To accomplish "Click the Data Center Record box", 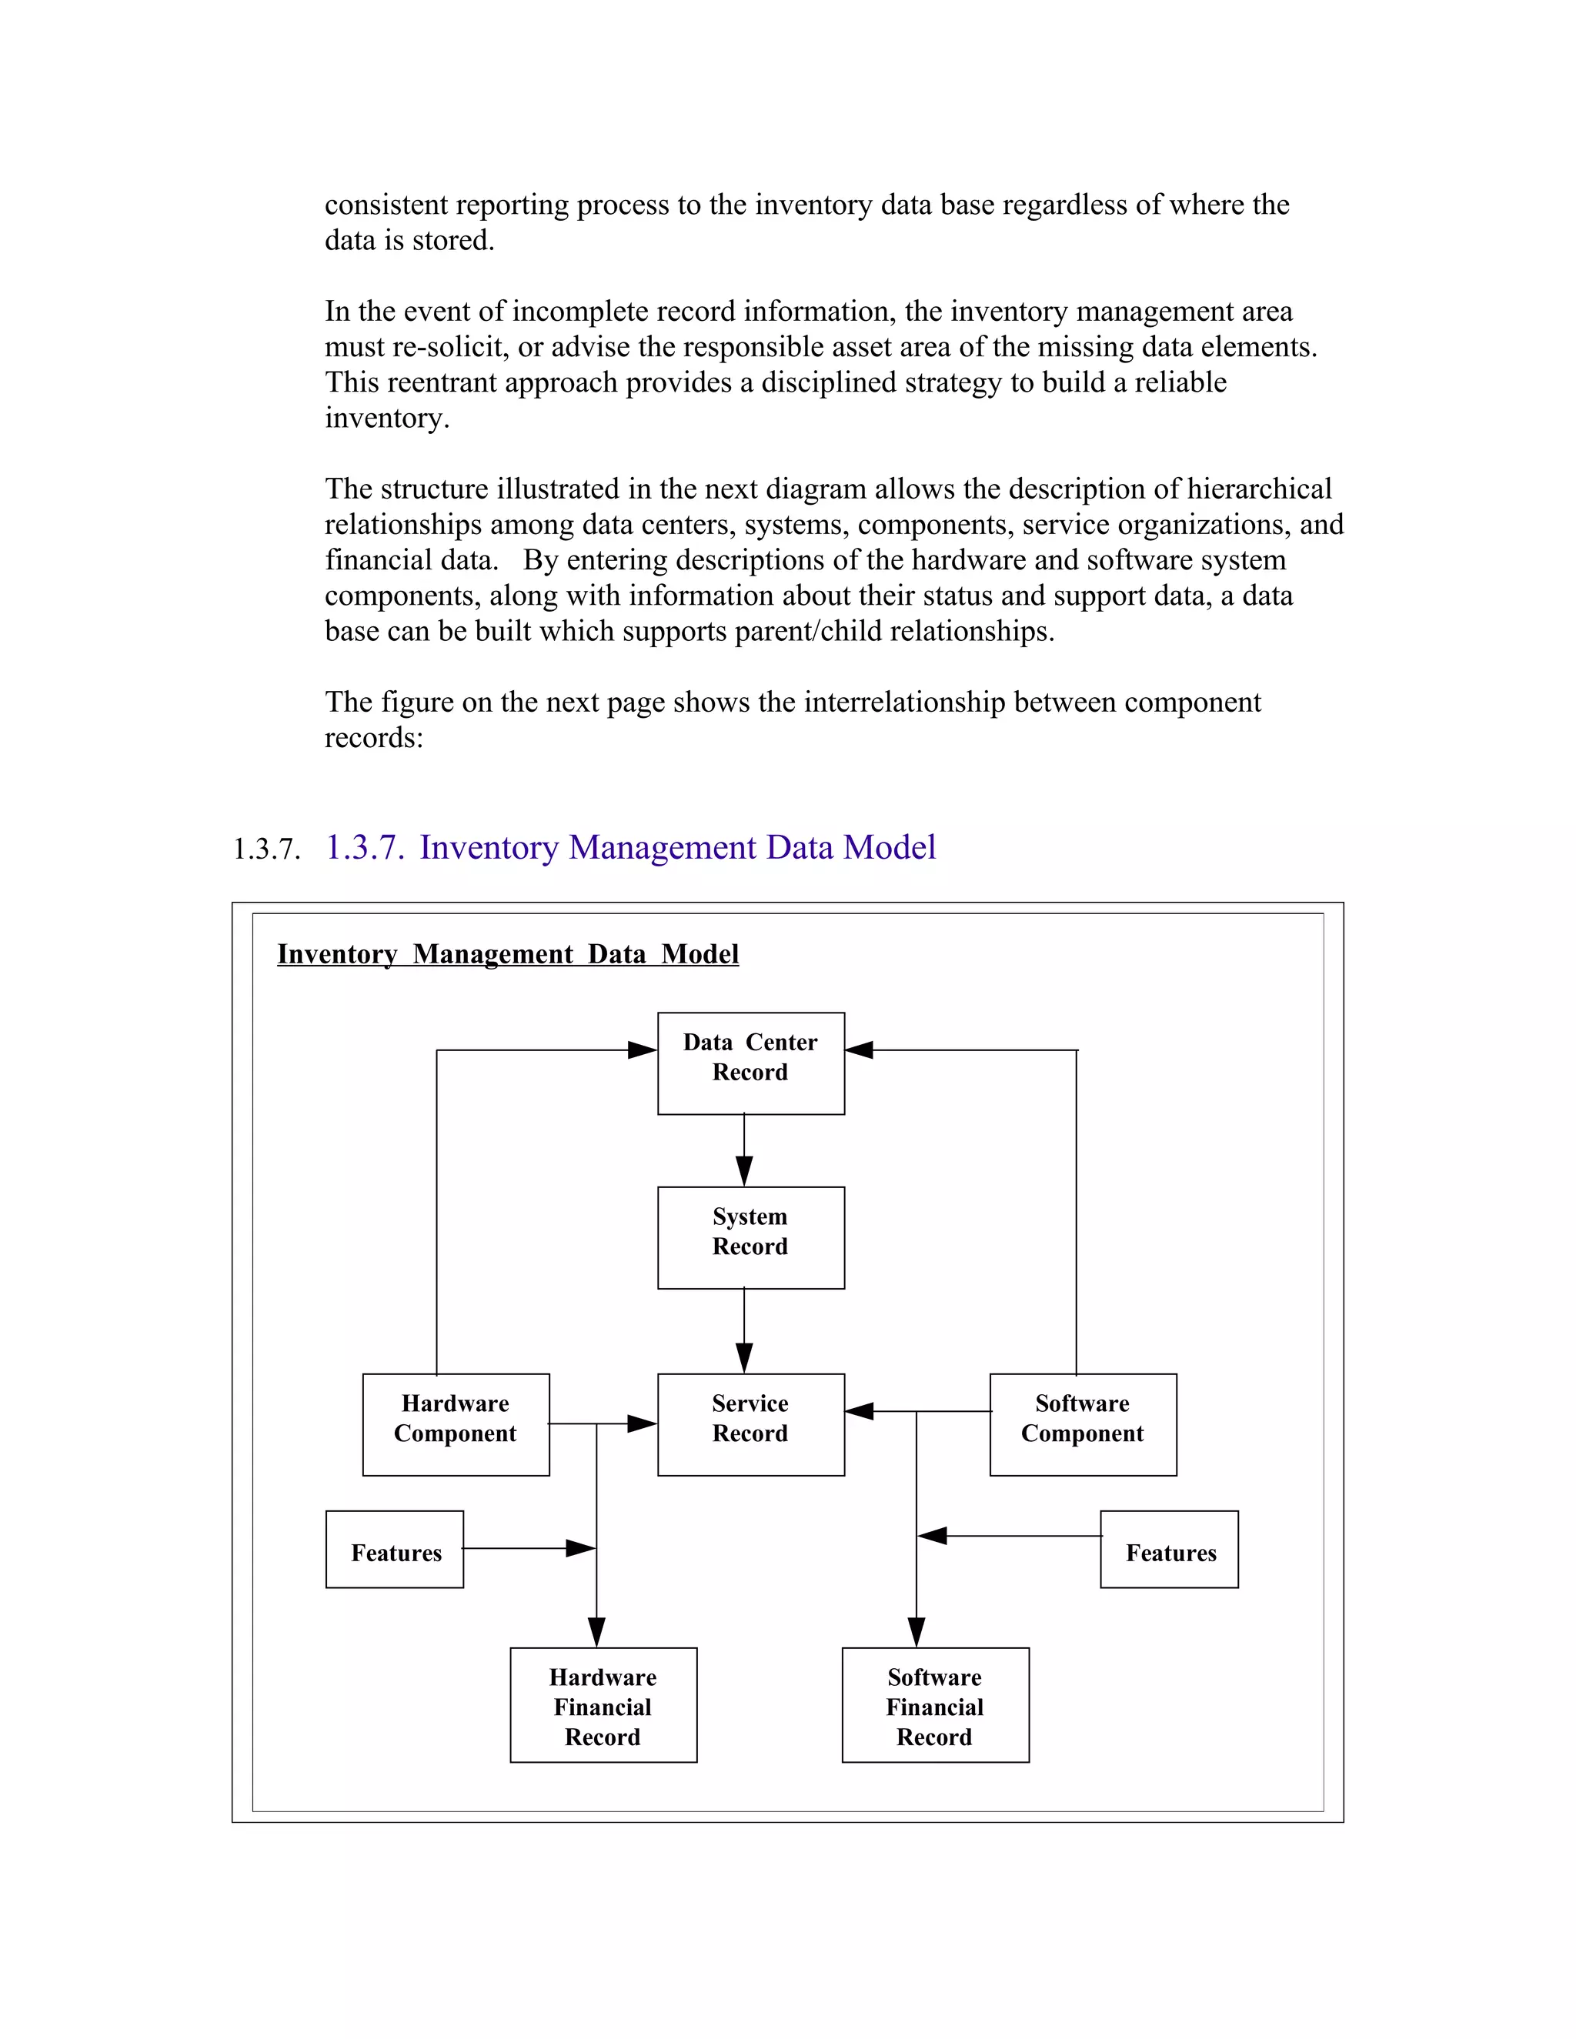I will [x=750, y=1063].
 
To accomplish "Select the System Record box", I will [x=750, y=1237].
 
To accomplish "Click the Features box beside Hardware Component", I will [x=395, y=1553].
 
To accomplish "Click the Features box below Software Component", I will [x=1169, y=1553].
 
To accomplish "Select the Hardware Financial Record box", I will [x=603, y=1707].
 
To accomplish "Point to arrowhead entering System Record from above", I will [x=744, y=1172].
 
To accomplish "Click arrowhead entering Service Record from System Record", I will [x=744, y=1358].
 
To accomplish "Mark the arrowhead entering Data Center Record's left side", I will [x=643, y=1050].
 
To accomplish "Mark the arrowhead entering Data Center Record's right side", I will [x=859, y=1050].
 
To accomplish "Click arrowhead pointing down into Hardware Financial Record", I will [x=596, y=1633].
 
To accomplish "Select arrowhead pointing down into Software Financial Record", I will [x=916, y=1633].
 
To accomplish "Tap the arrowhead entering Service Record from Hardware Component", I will [x=642, y=1423].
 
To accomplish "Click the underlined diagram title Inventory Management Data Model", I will [x=508, y=954].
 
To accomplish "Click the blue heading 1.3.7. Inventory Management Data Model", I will [x=630, y=848].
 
